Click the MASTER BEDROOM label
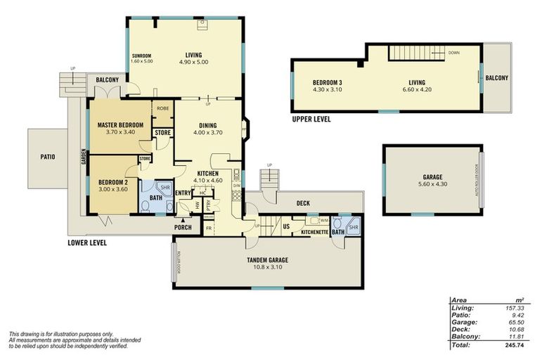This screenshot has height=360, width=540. point(120,125)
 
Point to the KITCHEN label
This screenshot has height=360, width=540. point(208,173)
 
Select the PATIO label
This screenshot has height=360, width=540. point(47,157)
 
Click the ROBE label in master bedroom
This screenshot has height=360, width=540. point(162,109)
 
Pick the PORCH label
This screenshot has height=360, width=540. point(183,227)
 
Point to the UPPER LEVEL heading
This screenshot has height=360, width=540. point(311,120)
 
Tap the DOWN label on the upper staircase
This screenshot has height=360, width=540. point(454,53)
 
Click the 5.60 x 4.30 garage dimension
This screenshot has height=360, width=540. point(432,184)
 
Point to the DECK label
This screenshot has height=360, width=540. point(303,203)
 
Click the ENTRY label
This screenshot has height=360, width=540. point(183,193)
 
